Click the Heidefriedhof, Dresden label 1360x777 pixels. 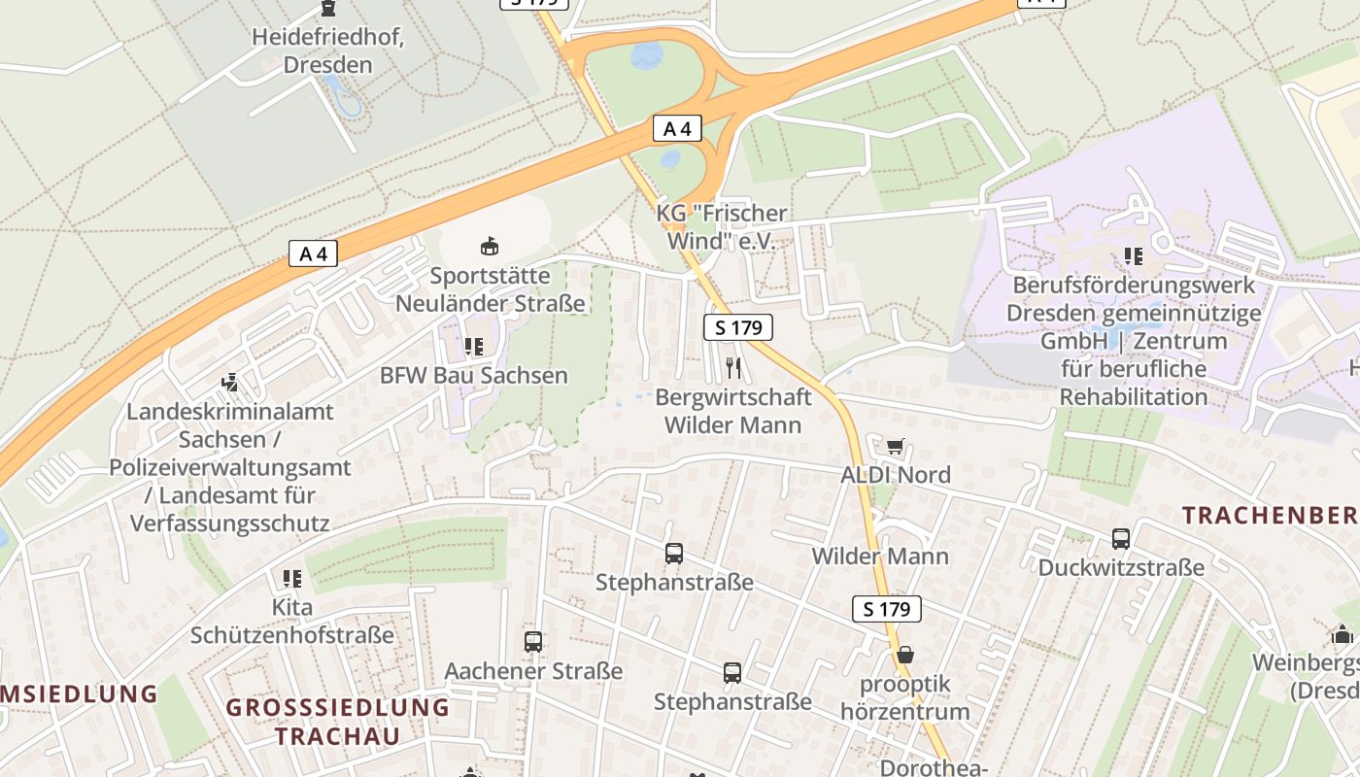coord(327,51)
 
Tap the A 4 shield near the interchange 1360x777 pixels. coord(677,128)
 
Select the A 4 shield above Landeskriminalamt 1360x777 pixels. coord(313,254)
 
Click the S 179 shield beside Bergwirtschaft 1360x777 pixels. coord(738,327)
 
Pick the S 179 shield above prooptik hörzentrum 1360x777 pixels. coord(886,609)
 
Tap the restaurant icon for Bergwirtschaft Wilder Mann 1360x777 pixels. coord(733,367)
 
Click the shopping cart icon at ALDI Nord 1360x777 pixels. coord(895,446)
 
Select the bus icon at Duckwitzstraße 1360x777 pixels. coord(1120,538)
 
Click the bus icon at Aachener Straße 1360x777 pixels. coord(532,641)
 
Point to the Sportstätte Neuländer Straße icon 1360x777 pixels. coord(490,247)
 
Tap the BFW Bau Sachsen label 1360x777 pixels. coord(473,375)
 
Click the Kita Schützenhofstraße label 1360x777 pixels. coord(292,622)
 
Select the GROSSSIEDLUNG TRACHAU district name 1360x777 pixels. coord(337,721)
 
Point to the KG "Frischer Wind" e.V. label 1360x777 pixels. coord(722,226)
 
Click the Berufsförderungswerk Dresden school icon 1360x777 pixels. coord(1133,256)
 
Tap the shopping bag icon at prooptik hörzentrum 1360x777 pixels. coord(904,655)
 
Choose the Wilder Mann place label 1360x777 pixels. coord(880,557)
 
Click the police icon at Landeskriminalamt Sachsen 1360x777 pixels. coord(230,383)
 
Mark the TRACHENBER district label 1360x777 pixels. coord(1271,516)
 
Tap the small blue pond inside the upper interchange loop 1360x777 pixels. coord(646,56)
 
